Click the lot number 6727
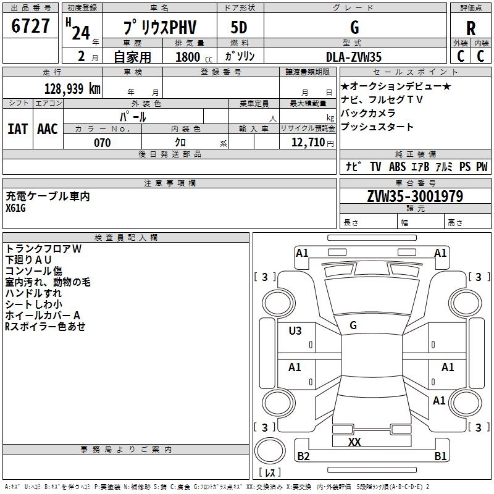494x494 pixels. point(31,27)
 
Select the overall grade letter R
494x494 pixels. point(471,28)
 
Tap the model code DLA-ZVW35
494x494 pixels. point(354,57)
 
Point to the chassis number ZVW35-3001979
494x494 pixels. point(415,196)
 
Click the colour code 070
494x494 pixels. point(102,143)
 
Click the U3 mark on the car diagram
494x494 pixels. point(295,331)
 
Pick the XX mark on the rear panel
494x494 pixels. point(354,442)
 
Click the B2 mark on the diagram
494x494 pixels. point(303,456)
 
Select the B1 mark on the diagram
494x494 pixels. point(440,456)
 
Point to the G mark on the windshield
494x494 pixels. point(353,325)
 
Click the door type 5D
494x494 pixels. point(239,28)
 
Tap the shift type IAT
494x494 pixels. point(17,129)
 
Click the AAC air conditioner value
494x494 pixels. point(47,129)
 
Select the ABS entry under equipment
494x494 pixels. point(397,167)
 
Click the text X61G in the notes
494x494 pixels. point(16,208)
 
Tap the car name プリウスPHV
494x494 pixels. point(158,28)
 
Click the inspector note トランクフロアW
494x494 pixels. point(43,249)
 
